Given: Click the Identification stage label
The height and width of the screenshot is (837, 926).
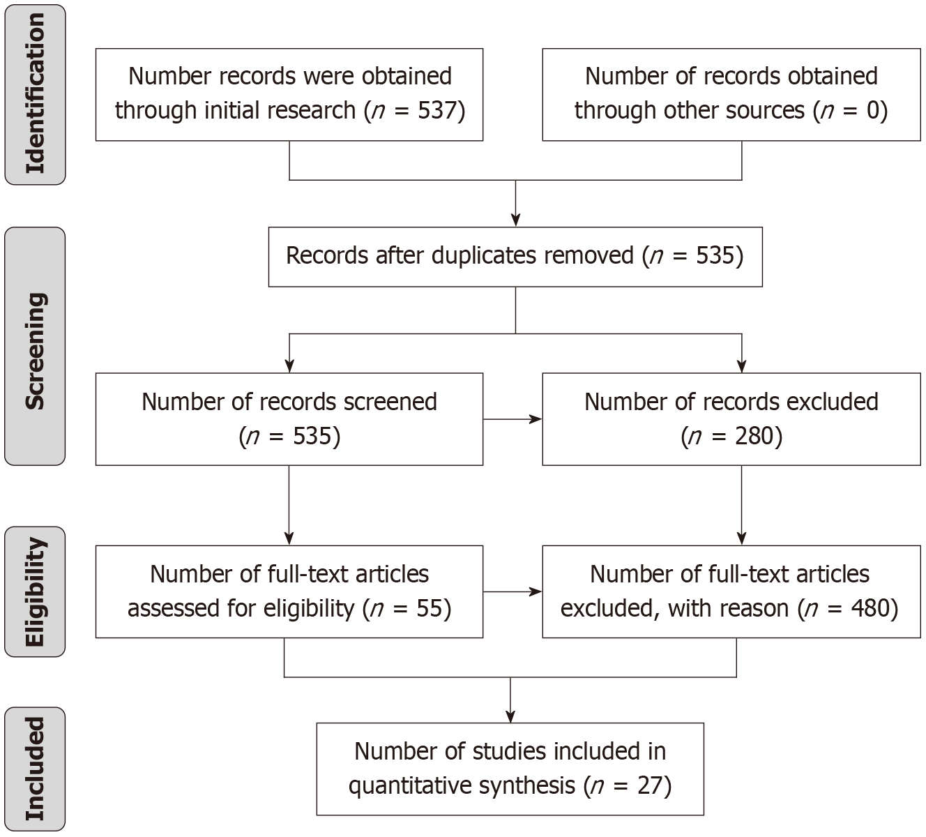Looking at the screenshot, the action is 35,93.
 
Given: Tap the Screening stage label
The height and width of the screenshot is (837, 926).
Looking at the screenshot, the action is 35,351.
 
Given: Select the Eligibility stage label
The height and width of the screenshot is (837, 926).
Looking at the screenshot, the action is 35,591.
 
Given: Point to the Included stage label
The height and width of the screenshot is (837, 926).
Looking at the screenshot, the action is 35,769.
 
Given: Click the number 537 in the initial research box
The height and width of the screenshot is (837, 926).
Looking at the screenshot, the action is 437,110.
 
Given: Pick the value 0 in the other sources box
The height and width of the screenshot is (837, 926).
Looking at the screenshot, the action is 873,110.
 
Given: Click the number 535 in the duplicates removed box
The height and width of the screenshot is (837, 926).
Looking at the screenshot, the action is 715,255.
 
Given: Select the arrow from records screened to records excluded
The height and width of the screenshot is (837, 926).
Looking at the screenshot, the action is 513,419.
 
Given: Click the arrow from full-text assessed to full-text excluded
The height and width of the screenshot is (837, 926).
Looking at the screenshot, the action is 513,591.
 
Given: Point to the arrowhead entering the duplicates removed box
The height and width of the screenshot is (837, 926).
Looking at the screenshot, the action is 515,220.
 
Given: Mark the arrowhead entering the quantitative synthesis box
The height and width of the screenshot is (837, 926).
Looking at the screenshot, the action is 510,716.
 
